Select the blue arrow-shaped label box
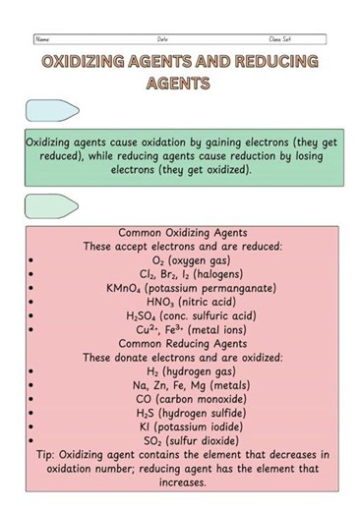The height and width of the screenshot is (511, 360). click(52, 110)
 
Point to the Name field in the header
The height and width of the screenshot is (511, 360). click(42, 39)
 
